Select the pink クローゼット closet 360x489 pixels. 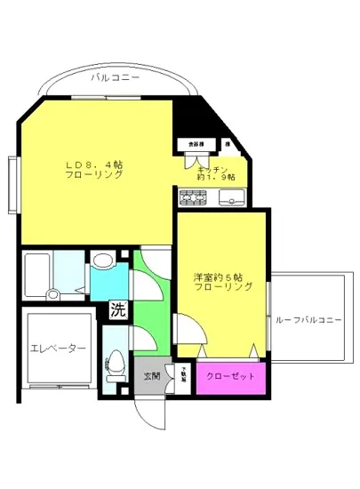point(230,376)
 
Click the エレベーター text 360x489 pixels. point(58,349)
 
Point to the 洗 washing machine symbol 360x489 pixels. point(117,311)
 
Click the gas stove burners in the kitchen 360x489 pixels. point(192,197)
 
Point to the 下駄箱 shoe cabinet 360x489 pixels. point(186,375)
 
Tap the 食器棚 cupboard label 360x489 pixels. point(196,142)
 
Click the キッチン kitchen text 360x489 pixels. point(213,168)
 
